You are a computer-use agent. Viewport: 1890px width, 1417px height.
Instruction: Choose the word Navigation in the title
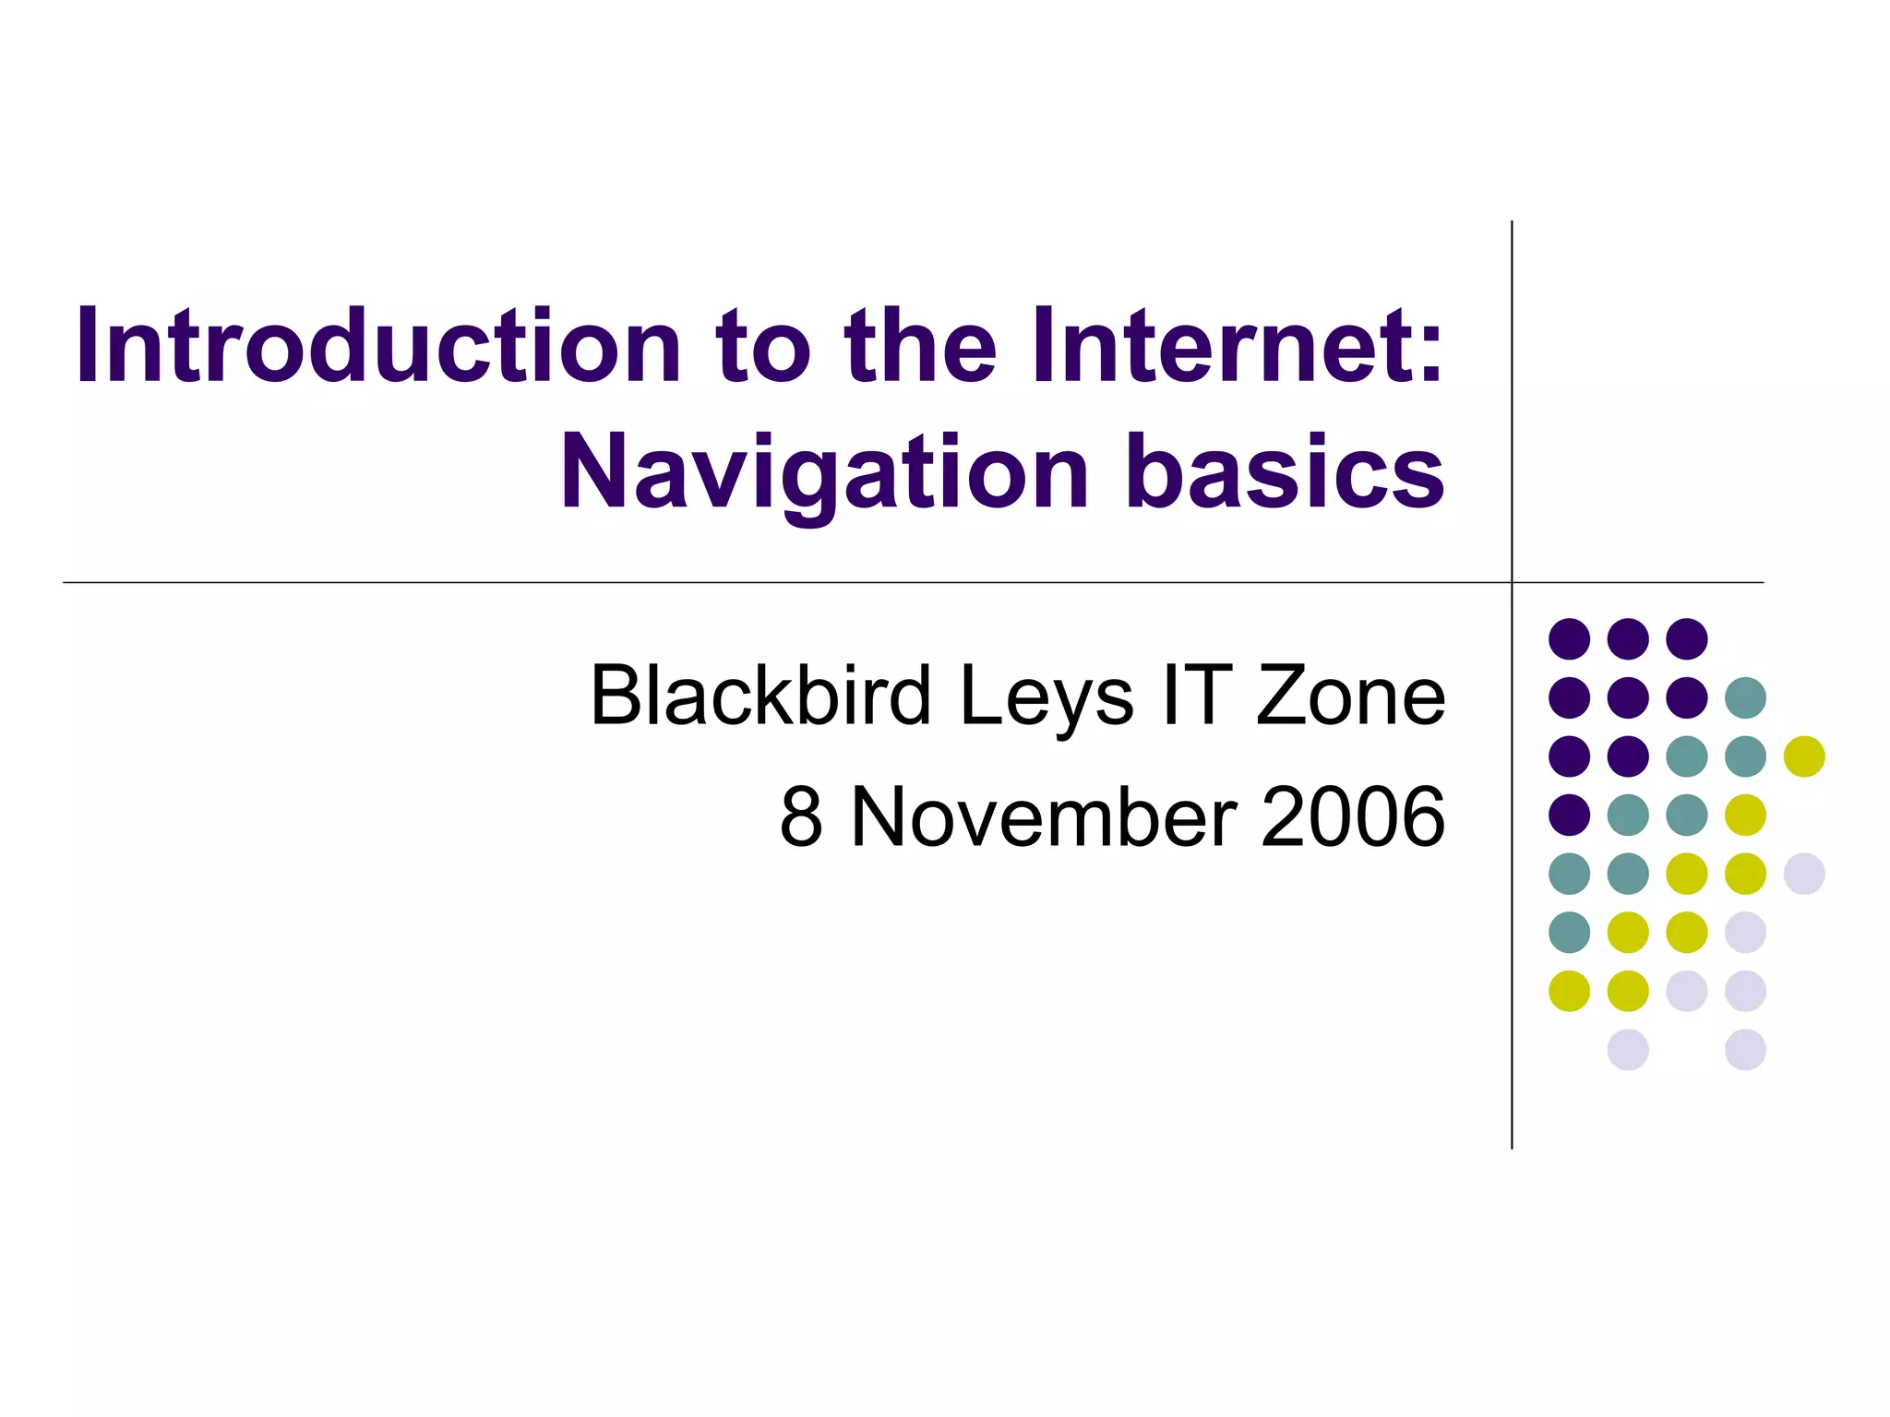(826, 473)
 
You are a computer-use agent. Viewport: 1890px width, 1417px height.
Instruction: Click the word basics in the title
(1285, 471)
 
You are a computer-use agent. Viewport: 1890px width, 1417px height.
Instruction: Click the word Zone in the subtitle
(1350, 696)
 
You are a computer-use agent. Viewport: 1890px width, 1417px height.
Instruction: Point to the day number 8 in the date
(801, 817)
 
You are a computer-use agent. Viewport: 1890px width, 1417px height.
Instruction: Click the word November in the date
(1044, 817)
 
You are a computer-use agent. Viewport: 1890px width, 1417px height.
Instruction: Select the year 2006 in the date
(1352, 817)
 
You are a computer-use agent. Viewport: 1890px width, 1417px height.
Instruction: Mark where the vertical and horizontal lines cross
(1512, 582)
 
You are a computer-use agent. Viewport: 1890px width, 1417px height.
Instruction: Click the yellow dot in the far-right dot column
(1804, 756)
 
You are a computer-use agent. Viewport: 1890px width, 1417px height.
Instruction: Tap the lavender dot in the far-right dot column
(1804, 874)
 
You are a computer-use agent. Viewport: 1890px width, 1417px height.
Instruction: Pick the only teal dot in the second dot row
(1745, 697)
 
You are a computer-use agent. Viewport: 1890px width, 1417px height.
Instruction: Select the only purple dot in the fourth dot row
(1569, 815)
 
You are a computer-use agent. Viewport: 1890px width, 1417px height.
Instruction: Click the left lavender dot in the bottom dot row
(1628, 1050)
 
